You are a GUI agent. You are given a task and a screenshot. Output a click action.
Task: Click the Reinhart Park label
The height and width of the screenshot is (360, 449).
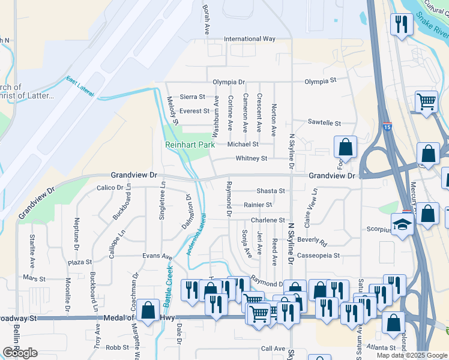[190, 145]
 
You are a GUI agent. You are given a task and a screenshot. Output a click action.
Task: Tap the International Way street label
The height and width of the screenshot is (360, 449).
[250, 39]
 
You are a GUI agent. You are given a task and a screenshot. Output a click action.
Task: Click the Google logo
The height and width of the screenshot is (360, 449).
[20, 353]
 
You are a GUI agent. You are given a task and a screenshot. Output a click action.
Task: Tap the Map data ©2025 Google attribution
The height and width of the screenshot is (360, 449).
[411, 355]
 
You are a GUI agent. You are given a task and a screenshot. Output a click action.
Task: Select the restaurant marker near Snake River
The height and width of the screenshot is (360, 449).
[399, 25]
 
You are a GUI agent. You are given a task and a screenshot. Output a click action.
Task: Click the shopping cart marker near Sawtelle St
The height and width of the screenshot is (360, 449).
[426, 101]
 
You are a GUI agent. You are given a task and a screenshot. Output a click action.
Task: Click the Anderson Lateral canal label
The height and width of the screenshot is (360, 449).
[196, 234]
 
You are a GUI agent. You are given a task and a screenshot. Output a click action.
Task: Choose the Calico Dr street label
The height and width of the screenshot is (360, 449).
[110, 187]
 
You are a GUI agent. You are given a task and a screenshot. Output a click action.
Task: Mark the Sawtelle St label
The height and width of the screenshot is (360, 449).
[324, 123]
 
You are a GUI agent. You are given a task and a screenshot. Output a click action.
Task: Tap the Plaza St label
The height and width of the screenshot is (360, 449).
[80, 262]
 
